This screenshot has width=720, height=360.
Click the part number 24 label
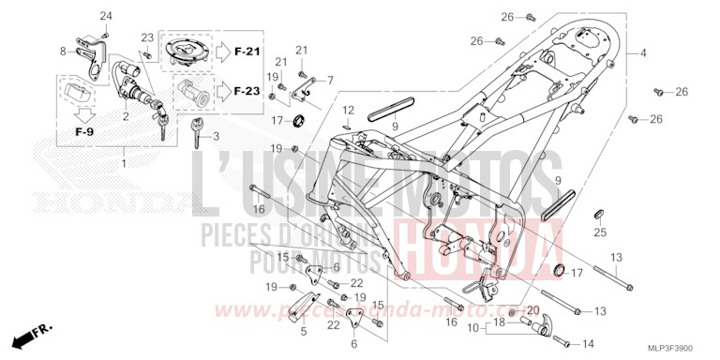click(105, 17)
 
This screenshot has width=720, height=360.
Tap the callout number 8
click(64, 51)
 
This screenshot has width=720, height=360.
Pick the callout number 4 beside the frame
click(644, 53)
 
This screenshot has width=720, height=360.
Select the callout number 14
click(588, 343)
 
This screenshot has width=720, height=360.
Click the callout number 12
click(347, 111)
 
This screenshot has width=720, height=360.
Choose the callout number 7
click(330, 81)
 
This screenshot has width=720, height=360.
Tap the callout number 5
click(303, 330)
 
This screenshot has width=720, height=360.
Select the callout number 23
click(146, 37)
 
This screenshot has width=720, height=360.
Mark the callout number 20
click(532, 310)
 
